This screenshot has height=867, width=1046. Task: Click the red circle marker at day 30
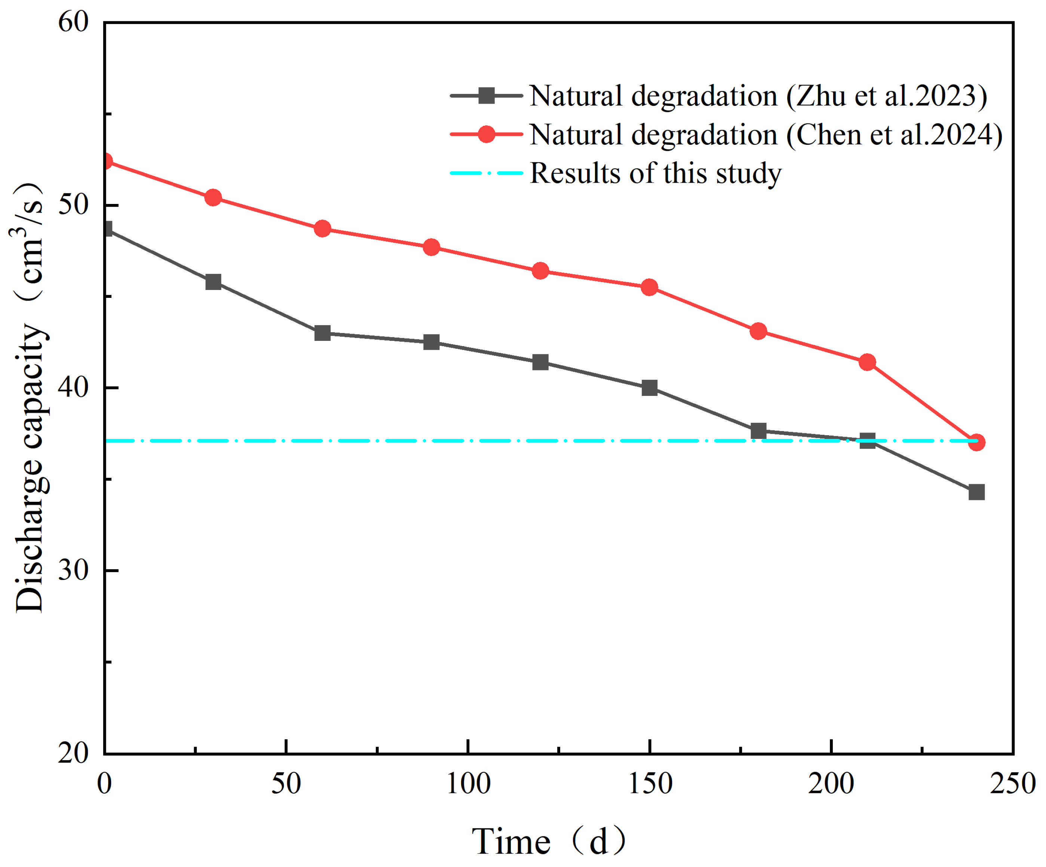tap(213, 198)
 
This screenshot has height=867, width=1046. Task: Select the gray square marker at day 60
tap(322, 333)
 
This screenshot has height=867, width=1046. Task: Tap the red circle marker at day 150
tap(650, 287)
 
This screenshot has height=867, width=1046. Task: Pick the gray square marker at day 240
tap(977, 492)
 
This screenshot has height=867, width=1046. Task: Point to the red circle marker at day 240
tap(977, 442)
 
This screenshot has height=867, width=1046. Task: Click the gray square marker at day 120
tap(540, 362)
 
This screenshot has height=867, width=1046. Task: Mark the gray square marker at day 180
tap(758, 431)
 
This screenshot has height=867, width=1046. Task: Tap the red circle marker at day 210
tap(868, 362)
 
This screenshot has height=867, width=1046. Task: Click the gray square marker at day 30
tap(213, 282)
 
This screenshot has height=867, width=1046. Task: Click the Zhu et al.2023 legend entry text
tap(758, 96)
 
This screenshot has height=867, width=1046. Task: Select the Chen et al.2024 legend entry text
tap(766, 135)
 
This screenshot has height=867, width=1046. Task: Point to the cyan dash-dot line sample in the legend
tap(486, 173)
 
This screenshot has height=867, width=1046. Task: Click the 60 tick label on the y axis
tap(73, 22)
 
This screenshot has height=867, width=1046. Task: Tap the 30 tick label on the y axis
tap(73, 571)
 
